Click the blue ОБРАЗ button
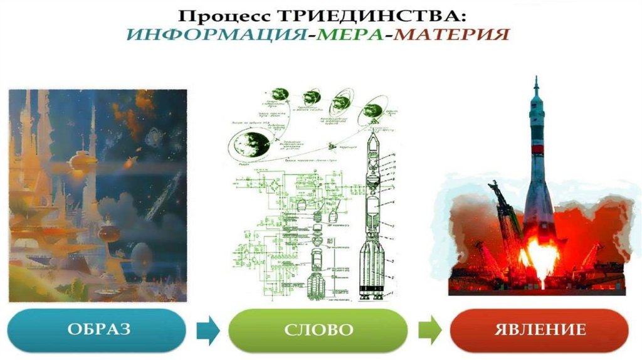tap(97, 330)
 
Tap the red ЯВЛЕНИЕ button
tap(539, 330)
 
